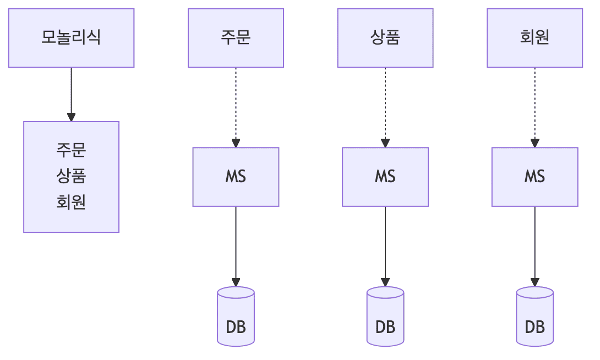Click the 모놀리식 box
[x=71, y=38]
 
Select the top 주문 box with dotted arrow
[x=236, y=38]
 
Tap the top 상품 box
[x=385, y=38]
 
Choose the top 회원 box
[x=534, y=38]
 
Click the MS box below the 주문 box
[x=236, y=177]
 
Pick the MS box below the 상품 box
[x=385, y=177]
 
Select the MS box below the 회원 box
[x=534, y=177]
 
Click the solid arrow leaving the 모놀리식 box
[x=71, y=94]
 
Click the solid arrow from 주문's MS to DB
[x=236, y=245]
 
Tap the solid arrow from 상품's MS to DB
[x=385, y=245]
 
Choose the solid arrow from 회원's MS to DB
[x=534, y=245]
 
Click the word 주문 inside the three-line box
[x=71, y=150]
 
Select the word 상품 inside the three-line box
[x=71, y=176]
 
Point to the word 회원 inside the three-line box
[x=71, y=203]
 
